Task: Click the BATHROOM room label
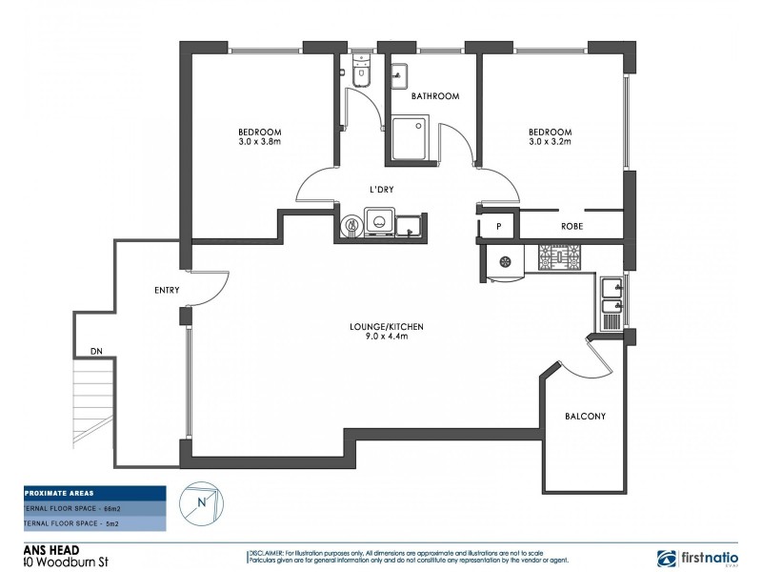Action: point(435,96)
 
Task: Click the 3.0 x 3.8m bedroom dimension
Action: point(259,141)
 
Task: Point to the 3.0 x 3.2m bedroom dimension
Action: point(550,141)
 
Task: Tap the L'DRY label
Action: point(382,190)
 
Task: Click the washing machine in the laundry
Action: point(380,223)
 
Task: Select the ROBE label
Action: point(571,226)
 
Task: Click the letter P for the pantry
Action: point(498,226)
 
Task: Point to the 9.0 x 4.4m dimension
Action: point(386,337)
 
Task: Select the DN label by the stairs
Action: point(96,352)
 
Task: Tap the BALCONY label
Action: point(585,417)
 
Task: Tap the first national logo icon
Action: point(669,558)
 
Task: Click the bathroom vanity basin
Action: point(400,75)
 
